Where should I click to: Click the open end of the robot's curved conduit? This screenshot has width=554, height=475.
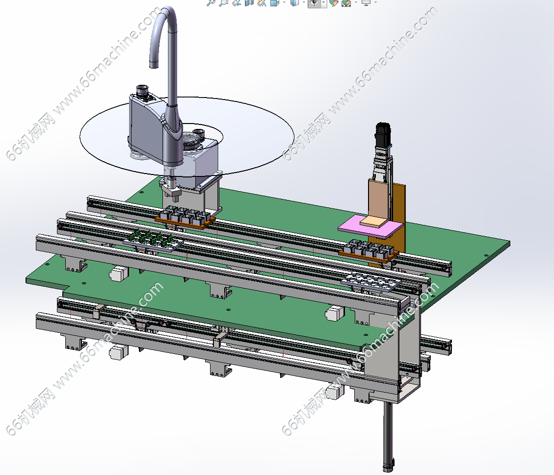[x=154, y=65]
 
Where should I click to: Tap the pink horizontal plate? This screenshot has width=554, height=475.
[x=370, y=227]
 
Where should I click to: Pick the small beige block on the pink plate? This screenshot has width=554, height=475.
[x=373, y=222]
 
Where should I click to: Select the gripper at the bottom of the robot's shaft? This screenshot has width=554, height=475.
[x=171, y=191]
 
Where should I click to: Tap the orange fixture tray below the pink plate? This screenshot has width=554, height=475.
[x=369, y=256]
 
